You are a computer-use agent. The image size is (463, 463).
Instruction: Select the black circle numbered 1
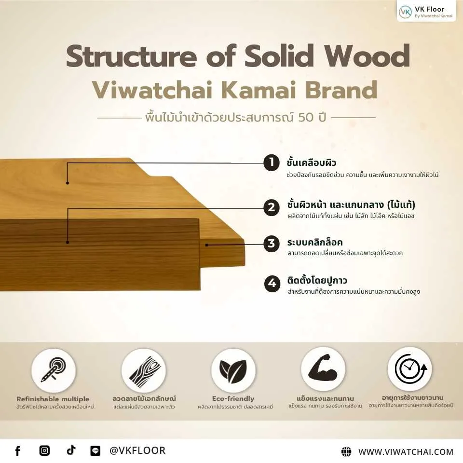(272, 163)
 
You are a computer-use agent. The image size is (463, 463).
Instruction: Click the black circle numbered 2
(272, 208)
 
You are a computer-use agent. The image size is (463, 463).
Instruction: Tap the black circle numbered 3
(272, 244)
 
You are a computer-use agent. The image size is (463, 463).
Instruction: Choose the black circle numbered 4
(272, 283)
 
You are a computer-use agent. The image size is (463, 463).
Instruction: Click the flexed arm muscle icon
(323, 369)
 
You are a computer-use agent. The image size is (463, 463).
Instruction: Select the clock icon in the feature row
(409, 369)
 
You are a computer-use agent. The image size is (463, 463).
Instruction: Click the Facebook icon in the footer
(18, 451)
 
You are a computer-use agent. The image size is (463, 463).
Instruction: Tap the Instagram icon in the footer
(44, 451)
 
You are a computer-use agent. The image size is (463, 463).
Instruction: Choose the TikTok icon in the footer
(71, 450)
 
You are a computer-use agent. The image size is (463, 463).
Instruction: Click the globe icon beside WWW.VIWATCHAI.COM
(346, 452)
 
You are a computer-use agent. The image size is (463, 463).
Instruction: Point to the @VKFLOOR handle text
(137, 451)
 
